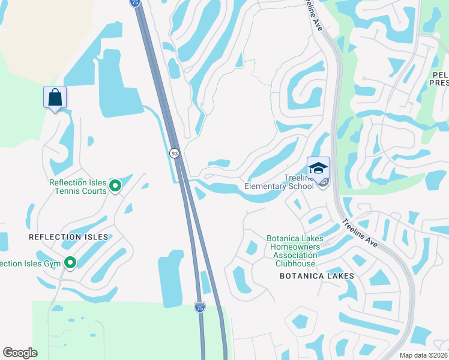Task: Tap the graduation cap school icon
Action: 318,167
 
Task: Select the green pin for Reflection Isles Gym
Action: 70,263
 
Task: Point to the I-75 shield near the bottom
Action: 199,307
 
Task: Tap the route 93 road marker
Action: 174,154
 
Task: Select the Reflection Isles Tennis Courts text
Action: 78,187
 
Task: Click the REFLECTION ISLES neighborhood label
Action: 68,237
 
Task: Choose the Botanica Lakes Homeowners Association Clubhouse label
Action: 295,251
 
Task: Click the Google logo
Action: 20,352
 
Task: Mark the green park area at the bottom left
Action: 120,330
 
